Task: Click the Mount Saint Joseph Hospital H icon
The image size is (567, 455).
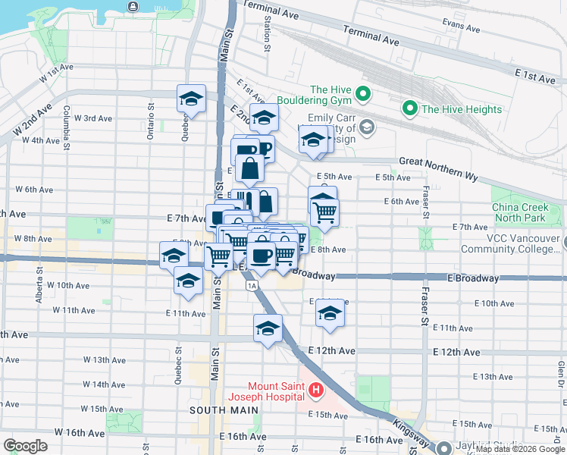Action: [316, 392]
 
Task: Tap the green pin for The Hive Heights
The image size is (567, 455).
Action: [410, 109]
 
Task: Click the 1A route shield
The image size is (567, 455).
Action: [252, 284]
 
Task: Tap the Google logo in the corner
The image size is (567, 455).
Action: [25, 446]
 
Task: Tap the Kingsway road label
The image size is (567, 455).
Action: [414, 439]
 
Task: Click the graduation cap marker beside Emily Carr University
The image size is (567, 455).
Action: [313, 140]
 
